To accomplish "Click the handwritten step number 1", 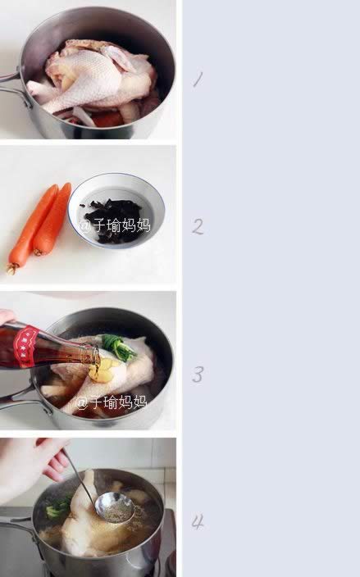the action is [x=198, y=80].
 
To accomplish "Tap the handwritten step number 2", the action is [x=198, y=226].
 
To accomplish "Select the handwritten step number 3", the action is [x=198, y=375].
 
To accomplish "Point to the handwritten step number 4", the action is [x=198, y=521].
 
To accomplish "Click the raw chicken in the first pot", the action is [x=96, y=77].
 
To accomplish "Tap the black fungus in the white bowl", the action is [x=113, y=220].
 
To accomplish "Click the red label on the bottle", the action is [x=25, y=347].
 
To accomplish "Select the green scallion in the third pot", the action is [x=118, y=347].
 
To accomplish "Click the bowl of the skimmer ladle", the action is [x=115, y=508].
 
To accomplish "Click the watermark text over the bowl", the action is [x=115, y=225].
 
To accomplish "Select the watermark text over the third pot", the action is [x=112, y=402].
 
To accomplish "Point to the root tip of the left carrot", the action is [x=11, y=270].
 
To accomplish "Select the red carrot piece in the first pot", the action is [x=107, y=120].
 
